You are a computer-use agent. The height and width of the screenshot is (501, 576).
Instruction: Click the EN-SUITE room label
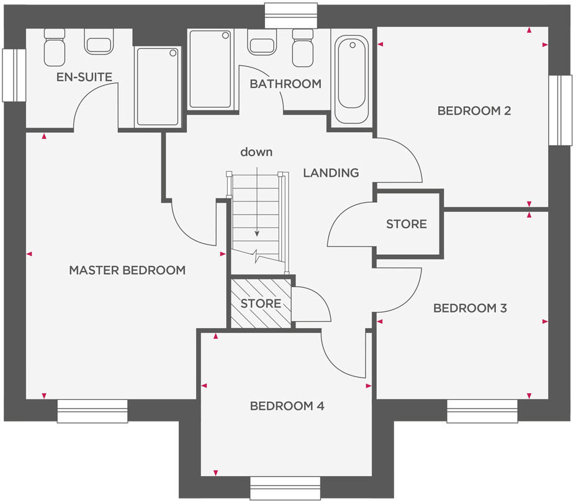84,78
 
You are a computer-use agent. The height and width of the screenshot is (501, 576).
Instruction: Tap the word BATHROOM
286,84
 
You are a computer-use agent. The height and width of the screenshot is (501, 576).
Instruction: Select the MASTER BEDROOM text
127,270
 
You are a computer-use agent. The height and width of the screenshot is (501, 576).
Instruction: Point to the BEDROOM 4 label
287,406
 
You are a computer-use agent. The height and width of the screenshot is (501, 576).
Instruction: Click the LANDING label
331,173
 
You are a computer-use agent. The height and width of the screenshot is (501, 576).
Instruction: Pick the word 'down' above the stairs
256,152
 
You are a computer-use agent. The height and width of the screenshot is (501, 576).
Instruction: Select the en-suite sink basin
99,43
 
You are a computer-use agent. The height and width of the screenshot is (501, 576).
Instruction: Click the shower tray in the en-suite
158,86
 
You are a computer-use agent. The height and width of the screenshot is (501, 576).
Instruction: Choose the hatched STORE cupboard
261,304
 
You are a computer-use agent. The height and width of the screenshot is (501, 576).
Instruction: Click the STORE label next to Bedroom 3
407,224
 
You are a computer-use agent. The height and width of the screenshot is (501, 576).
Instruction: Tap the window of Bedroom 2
560,110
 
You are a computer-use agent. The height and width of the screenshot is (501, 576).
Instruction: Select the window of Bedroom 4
285,487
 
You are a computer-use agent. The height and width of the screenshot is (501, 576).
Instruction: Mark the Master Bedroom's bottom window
92,411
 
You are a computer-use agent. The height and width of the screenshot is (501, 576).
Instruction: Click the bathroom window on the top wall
290,15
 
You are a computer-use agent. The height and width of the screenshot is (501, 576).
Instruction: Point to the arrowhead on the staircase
256,234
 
